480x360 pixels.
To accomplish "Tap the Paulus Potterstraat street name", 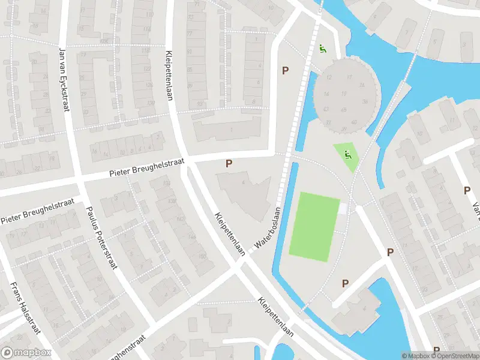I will [x=101, y=236].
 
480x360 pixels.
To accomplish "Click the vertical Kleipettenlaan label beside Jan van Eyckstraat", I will [x=169, y=75].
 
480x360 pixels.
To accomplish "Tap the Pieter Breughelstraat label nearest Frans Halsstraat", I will [x=37, y=211].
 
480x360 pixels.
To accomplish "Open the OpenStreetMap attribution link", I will [x=454, y=356].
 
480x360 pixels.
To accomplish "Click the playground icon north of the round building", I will [x=323, y=49].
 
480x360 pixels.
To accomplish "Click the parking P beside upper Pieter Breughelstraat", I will [x=228, y=163].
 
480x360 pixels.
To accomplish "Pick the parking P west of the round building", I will [x=285, y=71].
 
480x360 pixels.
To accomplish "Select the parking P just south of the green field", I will [x=345, y=283].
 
